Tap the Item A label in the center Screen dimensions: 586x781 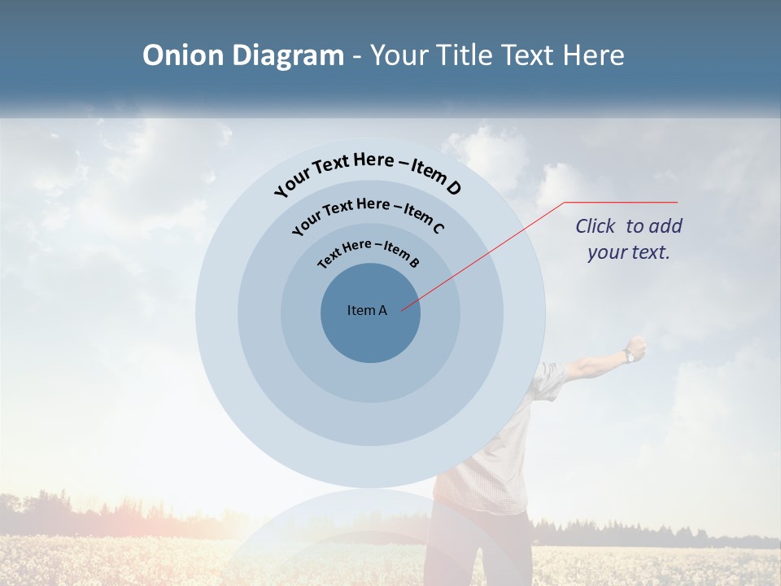(x=367, y=310)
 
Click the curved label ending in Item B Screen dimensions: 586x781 (x=369, y=251)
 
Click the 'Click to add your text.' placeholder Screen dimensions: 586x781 (x=629, y=238)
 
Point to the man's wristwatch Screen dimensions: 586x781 (x=629, y=355)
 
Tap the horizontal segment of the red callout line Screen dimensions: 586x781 (x=621, y=202)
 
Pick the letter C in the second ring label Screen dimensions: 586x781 (x=437, y=227)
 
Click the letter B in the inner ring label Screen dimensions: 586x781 (x=414, y=262)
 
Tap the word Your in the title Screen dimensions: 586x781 (x=402, y=55)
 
